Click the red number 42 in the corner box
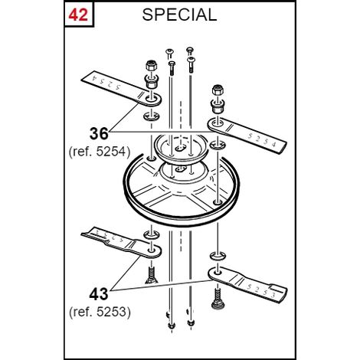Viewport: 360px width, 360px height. (x=78, y=15)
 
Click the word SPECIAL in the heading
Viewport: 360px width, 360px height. (x=179, y=15)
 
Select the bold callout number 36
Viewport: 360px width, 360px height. (x=99, y=134)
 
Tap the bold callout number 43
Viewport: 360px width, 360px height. (x=99, y=294)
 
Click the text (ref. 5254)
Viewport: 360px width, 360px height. (x=100, y=152)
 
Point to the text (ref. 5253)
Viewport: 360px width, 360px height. (x=100, y=312)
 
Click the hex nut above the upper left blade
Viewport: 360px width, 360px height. (x=152, y=65)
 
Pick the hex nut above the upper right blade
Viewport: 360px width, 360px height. (x=218, y=90)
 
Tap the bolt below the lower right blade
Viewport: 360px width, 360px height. (x=217, y=299)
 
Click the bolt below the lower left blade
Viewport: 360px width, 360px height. (x=152, y=274)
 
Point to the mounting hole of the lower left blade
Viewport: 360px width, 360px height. (x=152, y=250)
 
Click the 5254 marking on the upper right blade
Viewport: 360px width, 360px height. (x=262, y=140)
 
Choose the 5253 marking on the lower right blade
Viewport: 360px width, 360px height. (x=261, y=290)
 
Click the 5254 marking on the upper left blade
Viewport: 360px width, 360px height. (x=106, y=82)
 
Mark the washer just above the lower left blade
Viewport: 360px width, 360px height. (x=152, y=234)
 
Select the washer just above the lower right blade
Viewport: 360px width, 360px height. (x=218, y=256)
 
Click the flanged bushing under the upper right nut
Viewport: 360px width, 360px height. (x=218, y=106)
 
